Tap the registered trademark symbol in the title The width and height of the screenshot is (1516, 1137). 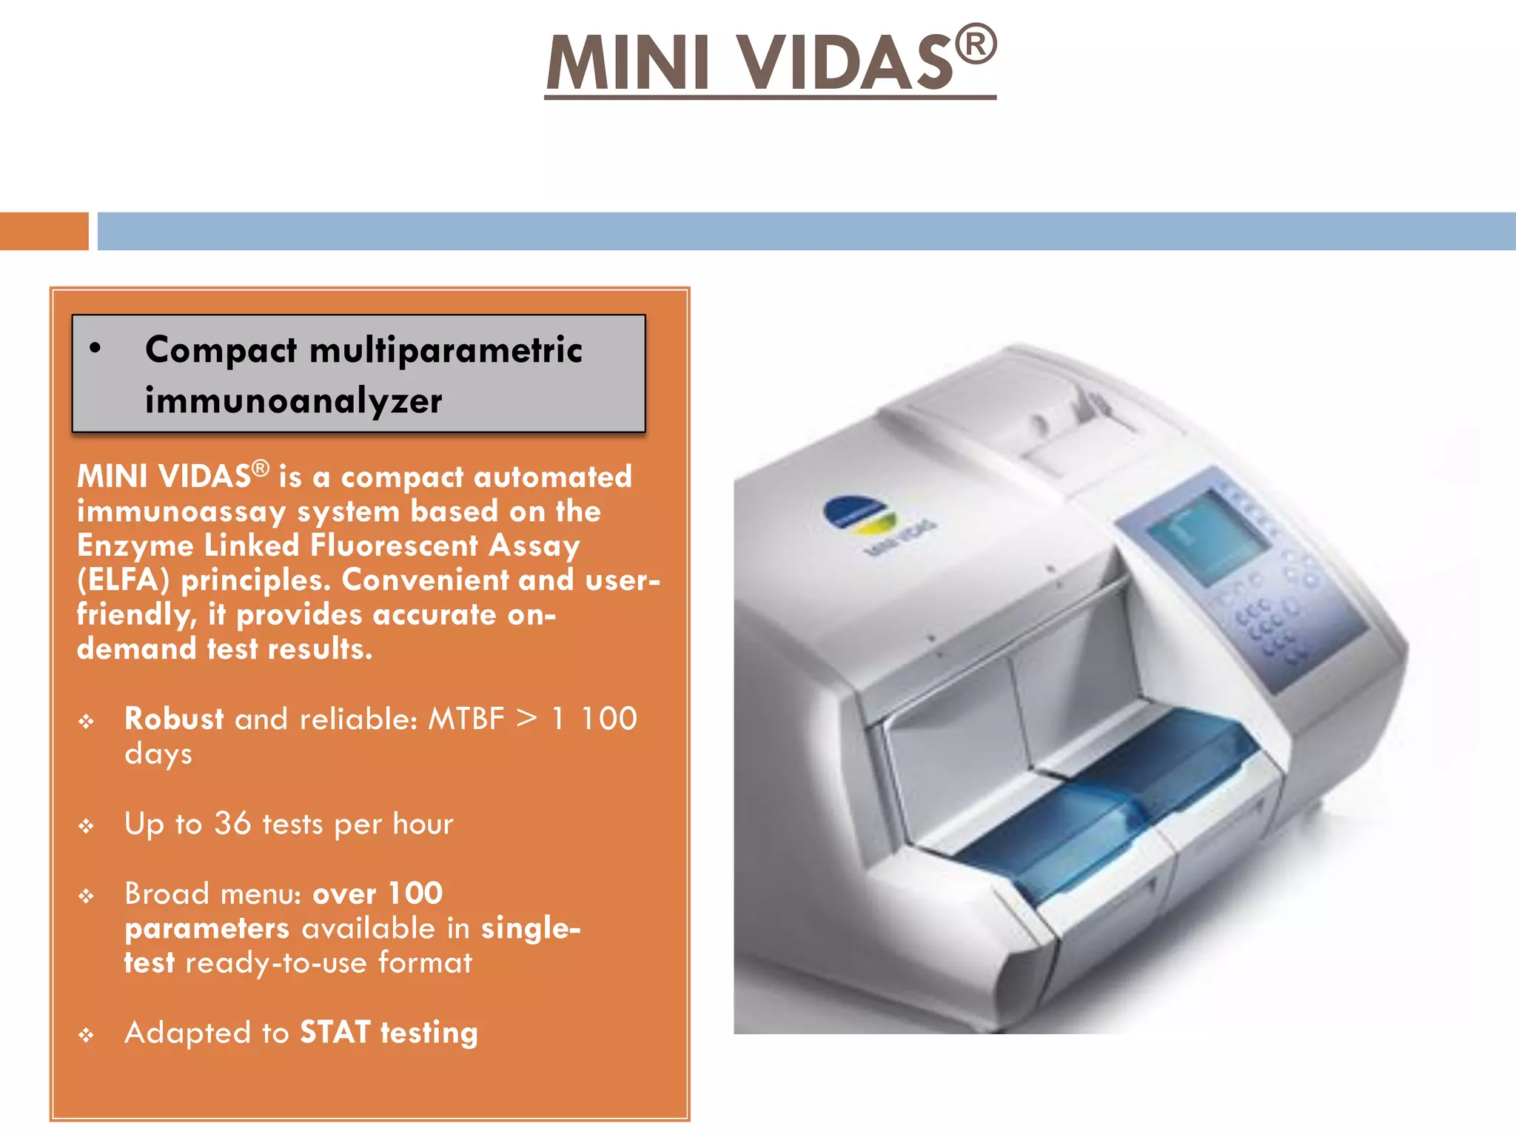point(976,45)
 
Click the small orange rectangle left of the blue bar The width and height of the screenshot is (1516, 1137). point(44,231)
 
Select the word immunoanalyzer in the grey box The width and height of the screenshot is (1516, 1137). point(293,400)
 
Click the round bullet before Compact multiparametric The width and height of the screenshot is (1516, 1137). point(95,348)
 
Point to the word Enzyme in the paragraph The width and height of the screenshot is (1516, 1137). point(135,546)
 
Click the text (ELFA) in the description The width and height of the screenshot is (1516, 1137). point(123,580)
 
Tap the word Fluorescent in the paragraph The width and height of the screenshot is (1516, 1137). point(394,546)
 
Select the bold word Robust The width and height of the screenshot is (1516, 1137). point(174,719)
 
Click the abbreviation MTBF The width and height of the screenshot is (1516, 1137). point(466,719)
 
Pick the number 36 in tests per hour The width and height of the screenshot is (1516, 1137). point(232,823)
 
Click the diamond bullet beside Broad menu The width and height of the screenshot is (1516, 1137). point(87,896)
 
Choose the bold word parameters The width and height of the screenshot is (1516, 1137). point(207,929)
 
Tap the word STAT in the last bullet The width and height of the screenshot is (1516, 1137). point(335,1032)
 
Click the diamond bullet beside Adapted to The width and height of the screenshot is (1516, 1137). point(87,1035)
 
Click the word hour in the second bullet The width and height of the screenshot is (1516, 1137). point(423,823)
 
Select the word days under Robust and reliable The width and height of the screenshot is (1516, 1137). point(158,754)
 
